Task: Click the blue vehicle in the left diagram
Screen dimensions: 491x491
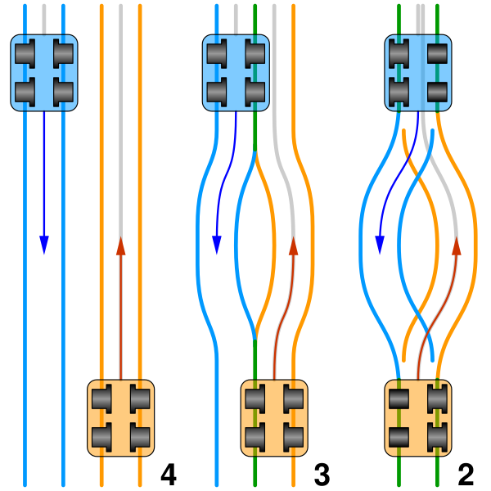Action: (44, 73)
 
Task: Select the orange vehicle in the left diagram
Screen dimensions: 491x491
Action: (120, 417)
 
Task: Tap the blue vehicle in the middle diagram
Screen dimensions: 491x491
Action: (236, 73)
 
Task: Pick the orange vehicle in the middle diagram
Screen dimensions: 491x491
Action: (274, 417)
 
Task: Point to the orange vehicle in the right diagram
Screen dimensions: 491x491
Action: (418, 417)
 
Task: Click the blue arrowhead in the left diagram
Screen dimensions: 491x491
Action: (44, 245)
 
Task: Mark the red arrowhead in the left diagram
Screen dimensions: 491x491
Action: (120, 246)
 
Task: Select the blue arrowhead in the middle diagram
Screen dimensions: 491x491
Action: (217, 245)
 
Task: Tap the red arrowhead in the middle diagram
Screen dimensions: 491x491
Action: (293, 246)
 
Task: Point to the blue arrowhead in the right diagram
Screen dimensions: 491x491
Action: (380, 245)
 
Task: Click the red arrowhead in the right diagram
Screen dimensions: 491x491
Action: (456, 246)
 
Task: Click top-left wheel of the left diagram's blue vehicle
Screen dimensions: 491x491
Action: (25, 54)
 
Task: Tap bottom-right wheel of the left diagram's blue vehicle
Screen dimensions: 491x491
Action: (63, 92)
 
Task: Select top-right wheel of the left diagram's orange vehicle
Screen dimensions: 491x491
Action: (140, 399)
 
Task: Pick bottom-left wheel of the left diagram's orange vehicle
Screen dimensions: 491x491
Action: (101, 437)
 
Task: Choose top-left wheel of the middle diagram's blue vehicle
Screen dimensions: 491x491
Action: (217, 54)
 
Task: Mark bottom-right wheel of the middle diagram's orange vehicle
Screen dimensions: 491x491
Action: (293, 437)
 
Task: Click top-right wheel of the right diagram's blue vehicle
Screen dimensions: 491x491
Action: (438, 54)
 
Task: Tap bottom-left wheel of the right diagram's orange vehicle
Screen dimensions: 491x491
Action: (399, 437)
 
